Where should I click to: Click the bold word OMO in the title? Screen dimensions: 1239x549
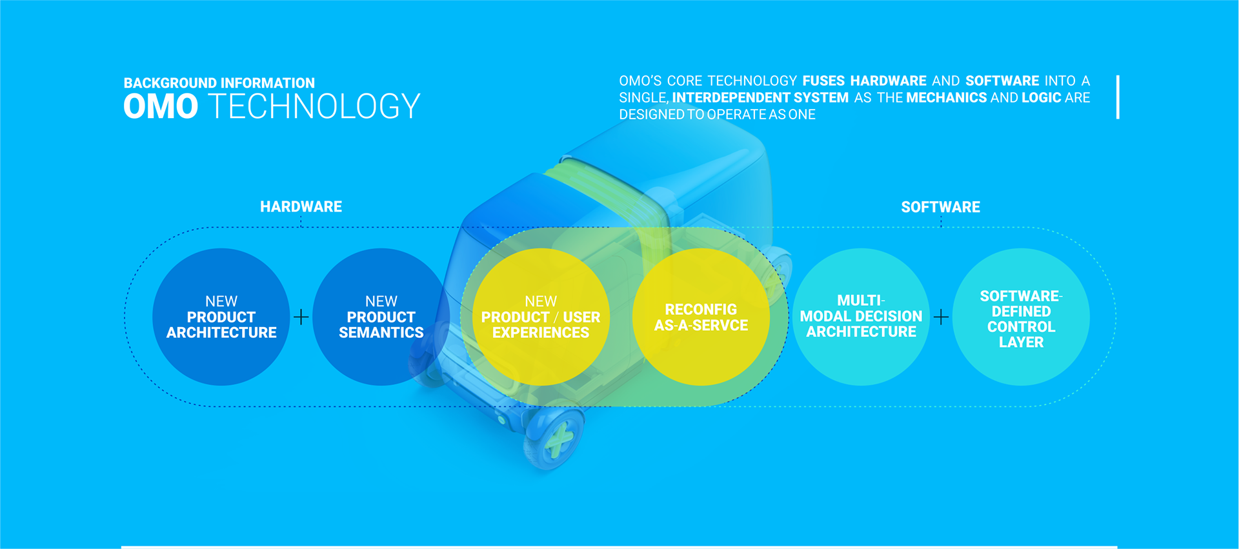coord(161,106)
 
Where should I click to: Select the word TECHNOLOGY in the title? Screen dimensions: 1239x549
coord(315,106)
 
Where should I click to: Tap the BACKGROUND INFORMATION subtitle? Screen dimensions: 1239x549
coord(219,83)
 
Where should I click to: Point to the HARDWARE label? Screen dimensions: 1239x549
coord(301,207)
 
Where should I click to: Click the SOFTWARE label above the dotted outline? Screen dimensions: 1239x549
coord(940,207)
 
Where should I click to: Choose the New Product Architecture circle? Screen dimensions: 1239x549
coord(221,317)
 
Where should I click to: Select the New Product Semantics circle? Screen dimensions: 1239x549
coord(381,317)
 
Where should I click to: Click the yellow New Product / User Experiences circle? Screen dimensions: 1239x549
coord(541,317)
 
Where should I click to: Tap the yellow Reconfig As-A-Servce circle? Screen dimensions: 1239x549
coord(701,317)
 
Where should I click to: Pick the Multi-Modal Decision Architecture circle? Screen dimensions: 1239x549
coord(861,317)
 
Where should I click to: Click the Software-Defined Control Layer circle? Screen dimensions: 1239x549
coord(1021,317)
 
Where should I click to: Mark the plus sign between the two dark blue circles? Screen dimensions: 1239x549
coord(301,317)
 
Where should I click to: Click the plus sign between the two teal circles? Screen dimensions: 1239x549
coord(941,317)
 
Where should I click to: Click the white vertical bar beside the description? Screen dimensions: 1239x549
coord(1118,97)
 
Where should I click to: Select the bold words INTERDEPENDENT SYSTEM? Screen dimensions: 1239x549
coord(760,97)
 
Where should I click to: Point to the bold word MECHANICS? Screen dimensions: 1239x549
coord(946,97)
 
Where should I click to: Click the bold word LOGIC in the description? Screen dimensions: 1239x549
coord(1042,97)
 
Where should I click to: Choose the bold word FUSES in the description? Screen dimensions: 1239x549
coord(823,81)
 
